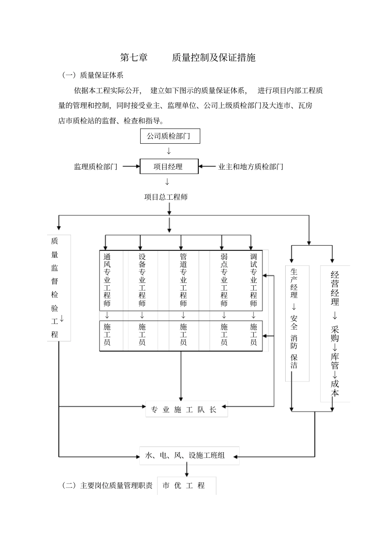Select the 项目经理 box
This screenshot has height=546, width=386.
[x=169, y=166]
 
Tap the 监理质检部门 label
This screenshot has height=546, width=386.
[x=95, y=166]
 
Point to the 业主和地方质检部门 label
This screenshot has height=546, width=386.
[x=251, y=166]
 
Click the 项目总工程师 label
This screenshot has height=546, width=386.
[x=166, y=197]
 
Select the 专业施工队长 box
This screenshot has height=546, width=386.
[x=186, y=409]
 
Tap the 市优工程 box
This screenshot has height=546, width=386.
[x=186, y=485]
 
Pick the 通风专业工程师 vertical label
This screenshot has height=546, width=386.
[x=107, y=280]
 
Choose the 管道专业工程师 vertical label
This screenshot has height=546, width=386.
[x=183, y=280]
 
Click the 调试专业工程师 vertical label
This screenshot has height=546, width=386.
[x=254, y=280]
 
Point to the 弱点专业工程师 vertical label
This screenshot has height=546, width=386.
[x=224, y=280]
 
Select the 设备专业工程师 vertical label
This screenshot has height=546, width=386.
[x=142, y=280]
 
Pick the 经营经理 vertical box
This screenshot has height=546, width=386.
[x=334, y=334]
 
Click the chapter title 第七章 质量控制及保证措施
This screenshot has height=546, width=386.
[x=188, y=58]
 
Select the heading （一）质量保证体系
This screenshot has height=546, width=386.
[x=93, y=75]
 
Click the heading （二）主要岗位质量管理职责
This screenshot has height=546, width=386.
[x=107, y=485]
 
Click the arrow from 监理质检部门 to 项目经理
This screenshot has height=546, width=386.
[x=131, y=166]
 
